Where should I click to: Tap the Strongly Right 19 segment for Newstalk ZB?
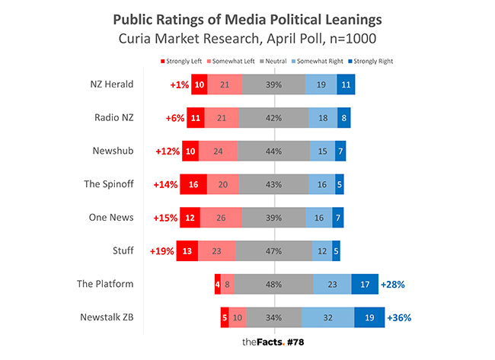(x=369, y=317)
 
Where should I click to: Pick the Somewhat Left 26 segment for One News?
(x=221, y=217)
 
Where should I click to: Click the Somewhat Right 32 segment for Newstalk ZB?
(x=327, y=317)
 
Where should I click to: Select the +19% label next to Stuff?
(x=162, y=250)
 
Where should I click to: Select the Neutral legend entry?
(x=274, y=60)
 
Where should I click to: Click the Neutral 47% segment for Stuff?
(x=273, y=250)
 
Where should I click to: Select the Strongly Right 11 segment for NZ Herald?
(x=346, y=84)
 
